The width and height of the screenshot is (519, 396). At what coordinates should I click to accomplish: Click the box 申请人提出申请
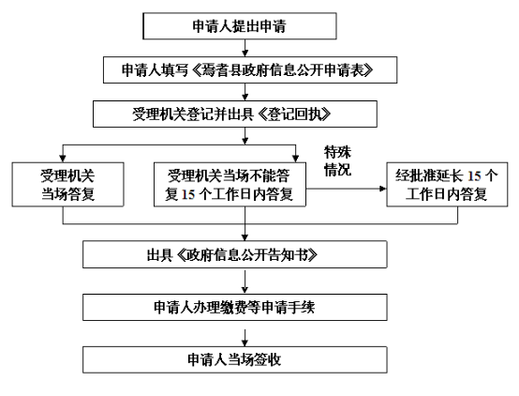pos(240,26)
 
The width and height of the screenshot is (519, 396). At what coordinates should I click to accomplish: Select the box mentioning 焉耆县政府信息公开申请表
pos(250,70)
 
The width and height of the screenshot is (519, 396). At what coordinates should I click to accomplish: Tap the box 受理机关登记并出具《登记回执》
pos(235,114)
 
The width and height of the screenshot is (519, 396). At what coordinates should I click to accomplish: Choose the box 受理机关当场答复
pos(67,185)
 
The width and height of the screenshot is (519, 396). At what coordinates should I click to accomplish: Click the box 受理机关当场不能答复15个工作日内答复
pos(230,185)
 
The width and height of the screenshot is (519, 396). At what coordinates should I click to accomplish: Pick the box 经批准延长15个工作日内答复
pos(447,185)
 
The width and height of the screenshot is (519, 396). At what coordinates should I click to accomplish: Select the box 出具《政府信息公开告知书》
pos(235,254)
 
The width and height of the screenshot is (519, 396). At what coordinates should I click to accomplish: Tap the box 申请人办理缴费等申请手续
pos(235,307)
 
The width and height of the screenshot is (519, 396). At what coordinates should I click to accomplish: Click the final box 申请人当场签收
pos(235,359)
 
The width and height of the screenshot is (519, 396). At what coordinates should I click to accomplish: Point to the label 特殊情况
pos(337,160)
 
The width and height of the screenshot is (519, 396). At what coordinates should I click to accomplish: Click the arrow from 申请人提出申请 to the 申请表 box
pos(245,48)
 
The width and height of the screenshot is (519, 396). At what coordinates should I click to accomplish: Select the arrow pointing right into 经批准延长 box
pos(347,189)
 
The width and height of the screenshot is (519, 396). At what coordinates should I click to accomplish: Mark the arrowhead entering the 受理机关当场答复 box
pos(63,159)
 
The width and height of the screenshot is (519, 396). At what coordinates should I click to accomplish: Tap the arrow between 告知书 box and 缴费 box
pos(245,282)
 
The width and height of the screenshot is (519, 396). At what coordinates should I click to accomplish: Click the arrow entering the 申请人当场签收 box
pos(245,338)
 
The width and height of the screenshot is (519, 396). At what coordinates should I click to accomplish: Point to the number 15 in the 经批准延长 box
pos(474,175)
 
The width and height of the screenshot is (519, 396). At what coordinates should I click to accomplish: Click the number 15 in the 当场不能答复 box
pos(188,194)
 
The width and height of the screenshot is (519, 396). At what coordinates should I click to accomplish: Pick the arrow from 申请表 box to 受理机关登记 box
pos(245,92)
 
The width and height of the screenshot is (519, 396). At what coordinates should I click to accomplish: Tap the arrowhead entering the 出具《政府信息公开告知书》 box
pos(245,237)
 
